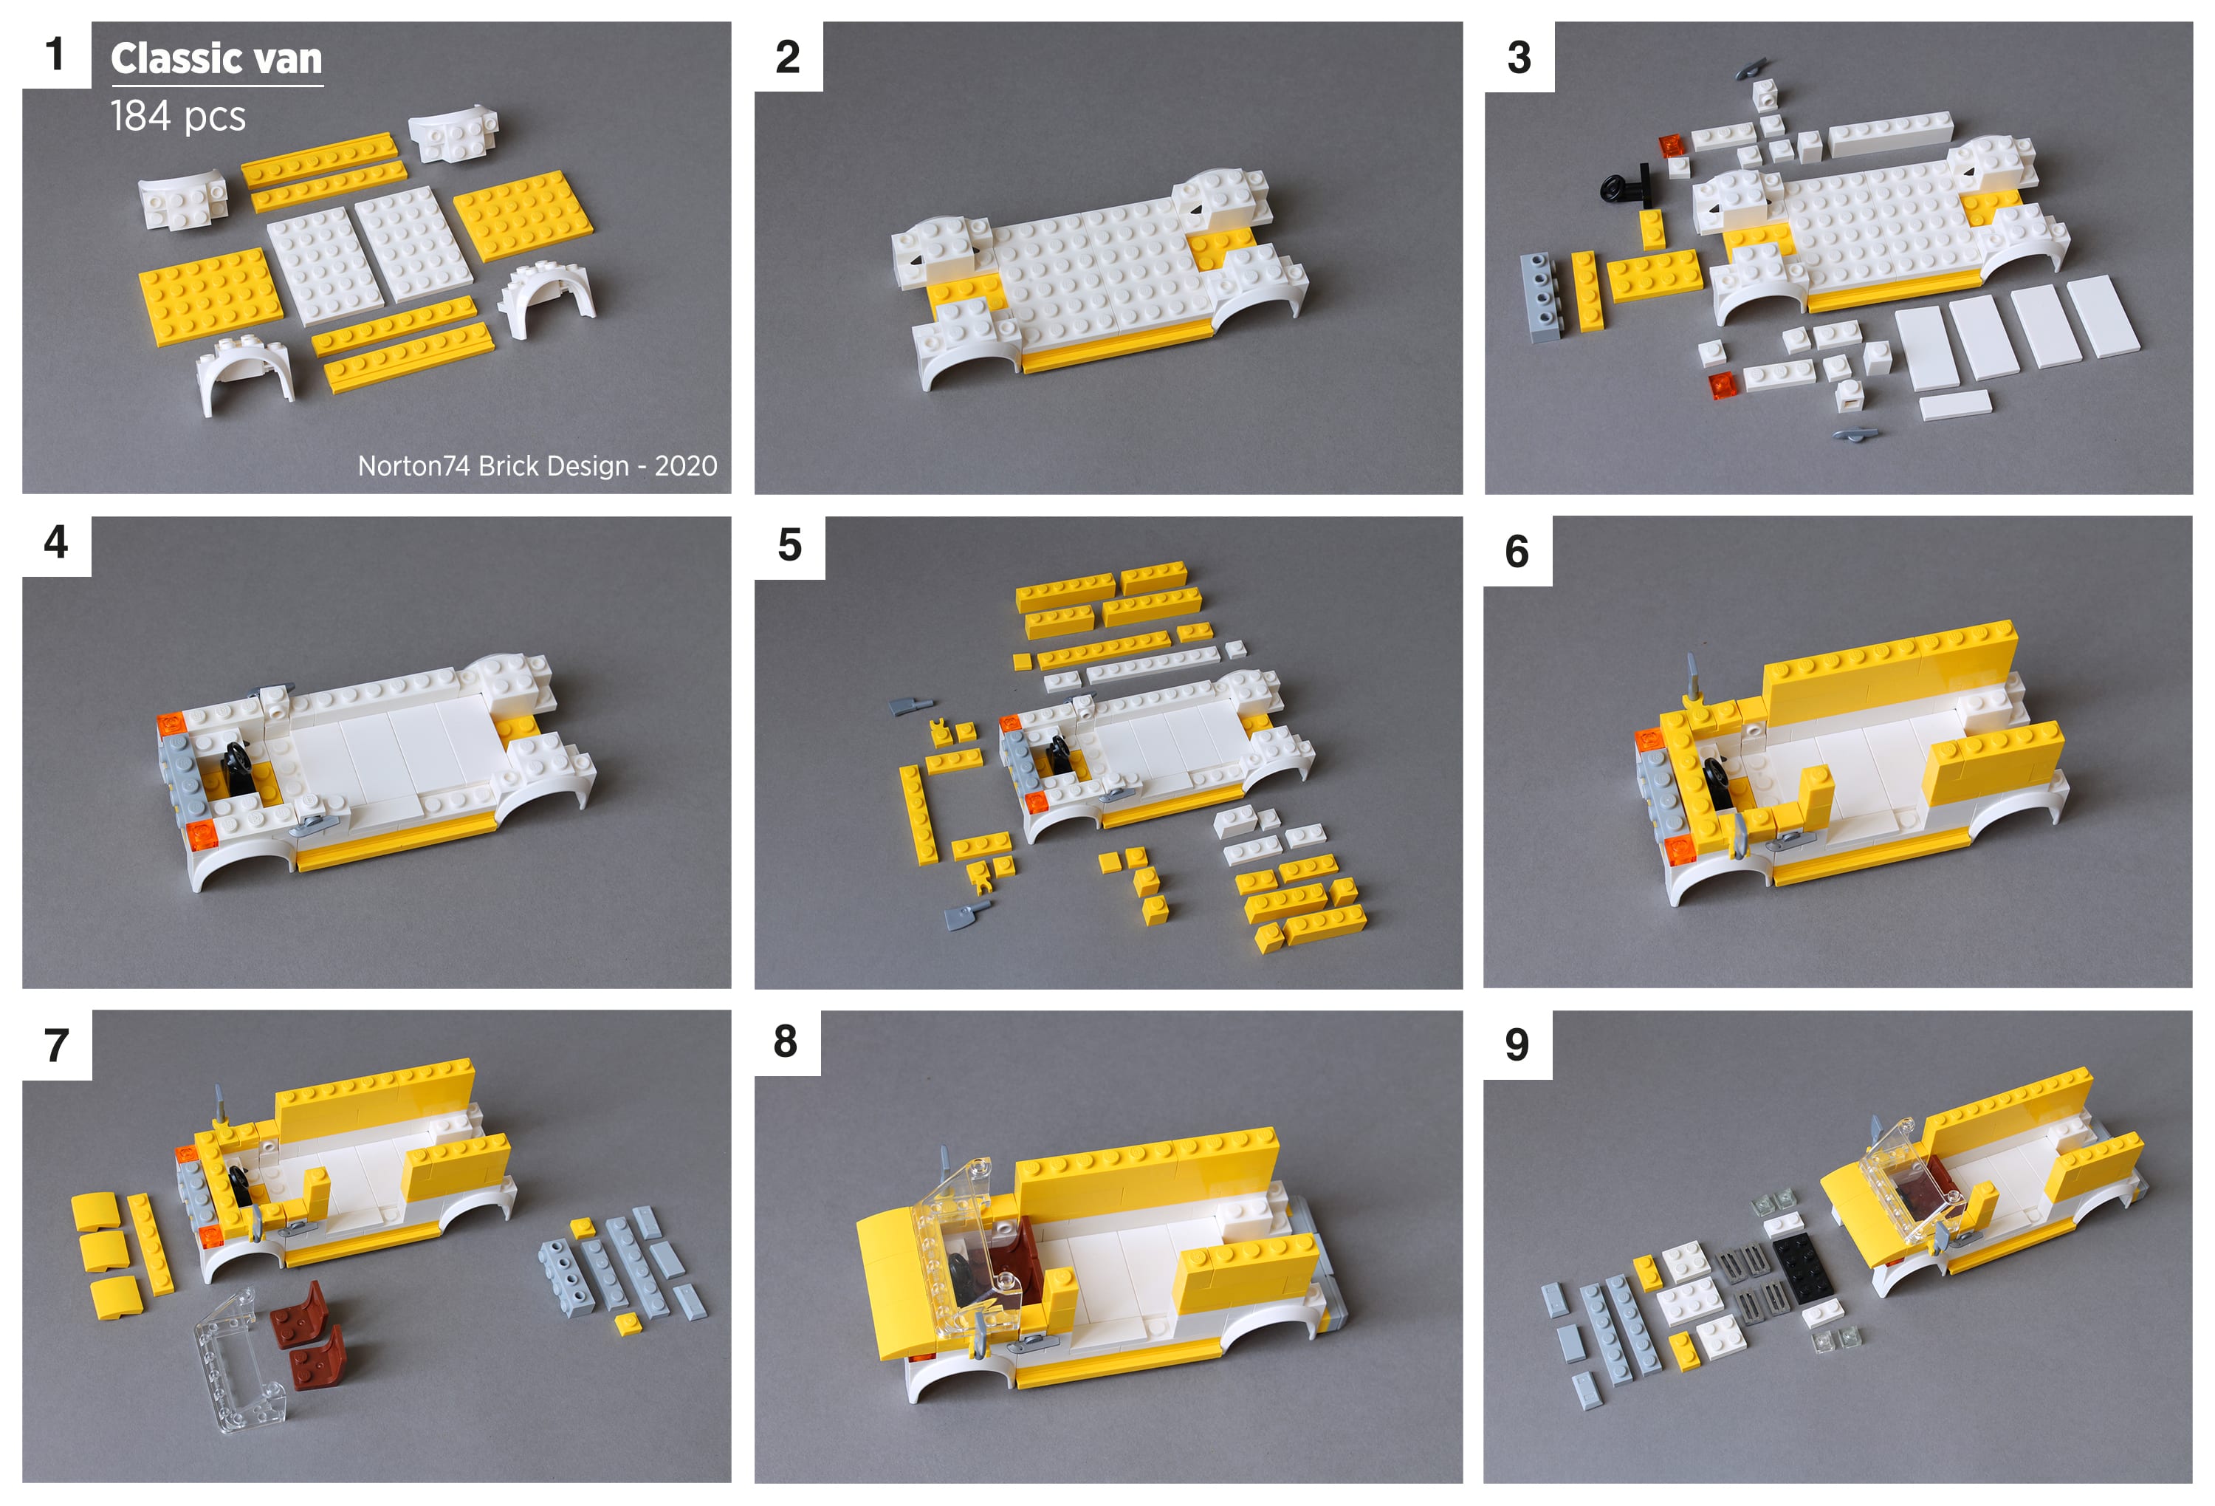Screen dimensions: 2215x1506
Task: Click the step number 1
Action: (x=55, y=55)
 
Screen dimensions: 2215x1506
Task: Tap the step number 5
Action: (x=789, y=545)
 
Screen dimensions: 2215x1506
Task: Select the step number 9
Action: (x=1517, y=1044)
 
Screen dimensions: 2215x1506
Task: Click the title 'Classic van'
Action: (x=216, y=58)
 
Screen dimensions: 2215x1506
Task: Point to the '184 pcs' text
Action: (x=178, y=116)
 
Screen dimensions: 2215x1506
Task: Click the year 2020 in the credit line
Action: (x=685, y=465)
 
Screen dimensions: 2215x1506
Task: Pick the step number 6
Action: (x=1517, y=551)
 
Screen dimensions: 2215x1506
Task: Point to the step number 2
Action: (x=787, y=57)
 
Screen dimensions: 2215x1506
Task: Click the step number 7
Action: (x=56, y=1044)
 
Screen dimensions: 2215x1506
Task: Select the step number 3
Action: (x=1519, y=57)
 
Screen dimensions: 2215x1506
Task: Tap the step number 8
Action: (x=786, y=1041)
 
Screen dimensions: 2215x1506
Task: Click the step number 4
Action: (x=56, y=541)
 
